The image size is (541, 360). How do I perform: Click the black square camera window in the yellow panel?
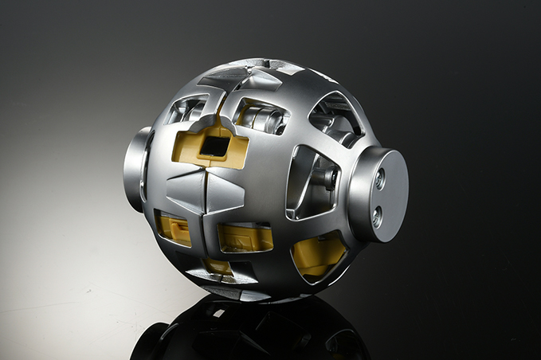(x=213, y=145)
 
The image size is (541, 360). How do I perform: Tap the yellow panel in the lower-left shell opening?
(x=174, y=229)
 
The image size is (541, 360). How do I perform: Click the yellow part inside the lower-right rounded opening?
(x=318, y=253)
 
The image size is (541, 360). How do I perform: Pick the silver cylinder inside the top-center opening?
(x=264, y=120)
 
